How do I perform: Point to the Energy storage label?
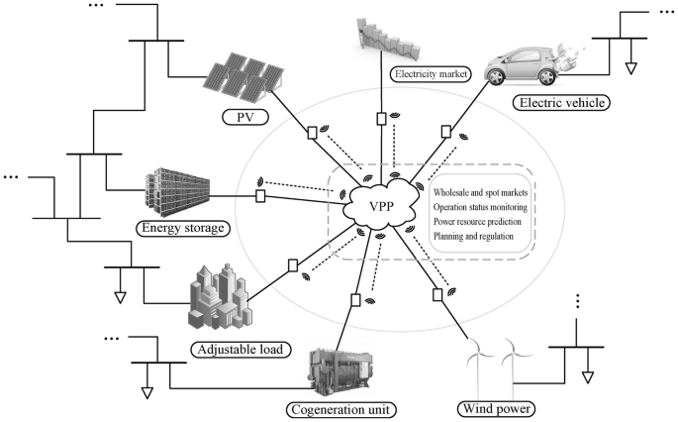click(182, 229)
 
